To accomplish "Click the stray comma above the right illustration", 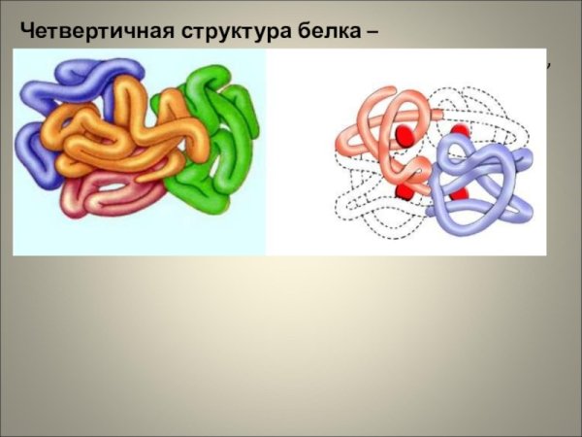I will tap(548, 64).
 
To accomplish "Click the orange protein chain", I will tap(126, 131).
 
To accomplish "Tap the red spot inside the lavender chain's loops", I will tap(458, 194).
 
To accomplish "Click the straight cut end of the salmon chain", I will tap(339, 146).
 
